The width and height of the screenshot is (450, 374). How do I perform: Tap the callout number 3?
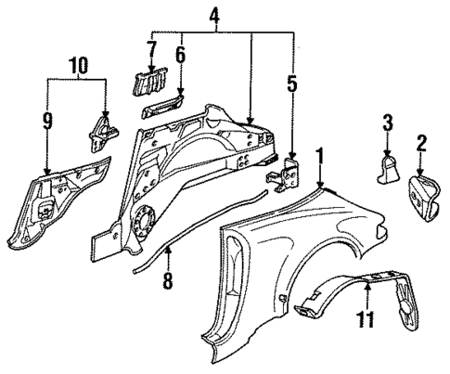click(x=389, y=121)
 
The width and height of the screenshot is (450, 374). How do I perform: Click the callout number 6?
click(x=181, y=57)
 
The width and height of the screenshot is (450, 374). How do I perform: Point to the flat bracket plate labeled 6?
click(x=163, y=109)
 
